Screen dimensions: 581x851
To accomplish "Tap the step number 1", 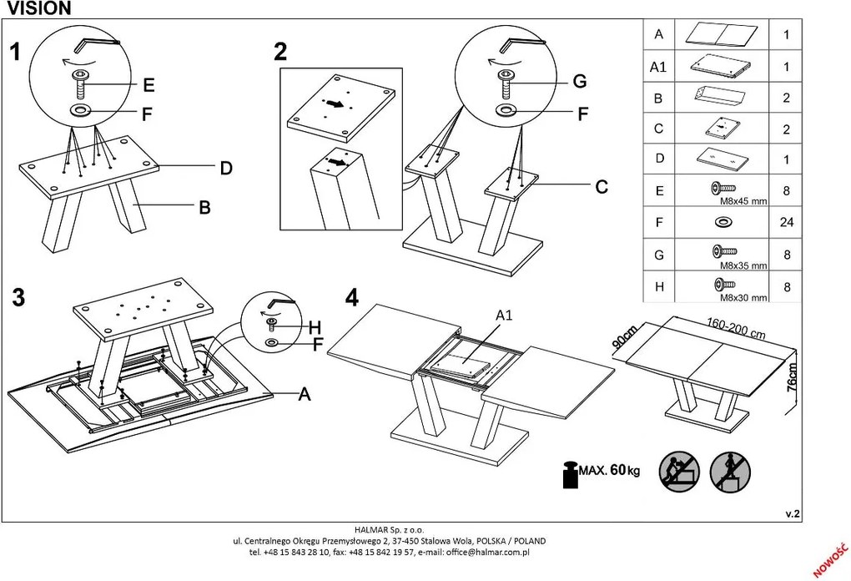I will [15, 53].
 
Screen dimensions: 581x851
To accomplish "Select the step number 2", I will [280, 52].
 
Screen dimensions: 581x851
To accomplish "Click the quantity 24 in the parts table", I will [785, 223].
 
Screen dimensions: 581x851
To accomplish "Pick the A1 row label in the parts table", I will [659, 67].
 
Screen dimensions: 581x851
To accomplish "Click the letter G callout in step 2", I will [580, 81].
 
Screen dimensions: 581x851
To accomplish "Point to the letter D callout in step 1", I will [225, 169].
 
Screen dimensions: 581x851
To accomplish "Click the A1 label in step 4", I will [504, 316].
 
